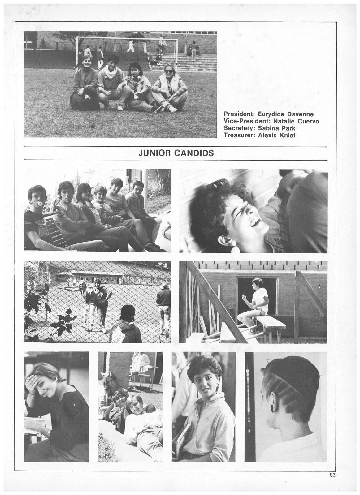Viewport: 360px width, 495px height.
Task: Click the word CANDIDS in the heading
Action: pyautogui.click(x=195, y=153)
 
